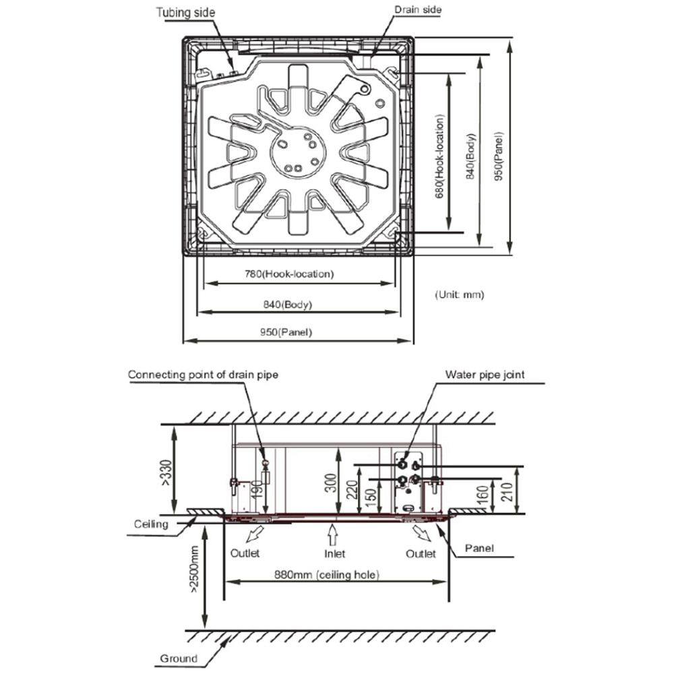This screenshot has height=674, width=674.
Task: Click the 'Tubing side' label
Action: [x=186, y=12]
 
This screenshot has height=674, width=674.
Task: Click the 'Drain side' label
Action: [x=418, y=9]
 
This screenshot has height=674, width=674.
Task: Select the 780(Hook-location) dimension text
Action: [x=289, y=274]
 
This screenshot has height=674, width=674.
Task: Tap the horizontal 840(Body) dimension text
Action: [x=288, y=305]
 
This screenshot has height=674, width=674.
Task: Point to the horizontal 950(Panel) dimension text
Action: [x=286, y=332]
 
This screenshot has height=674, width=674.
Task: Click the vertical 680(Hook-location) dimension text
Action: [x=439, y=156]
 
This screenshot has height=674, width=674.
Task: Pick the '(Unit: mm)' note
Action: [x=460, y=295]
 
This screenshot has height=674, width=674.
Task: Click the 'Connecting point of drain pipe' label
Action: [x=203, y=375]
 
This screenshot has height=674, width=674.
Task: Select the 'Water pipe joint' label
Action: [x=485, y=375]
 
